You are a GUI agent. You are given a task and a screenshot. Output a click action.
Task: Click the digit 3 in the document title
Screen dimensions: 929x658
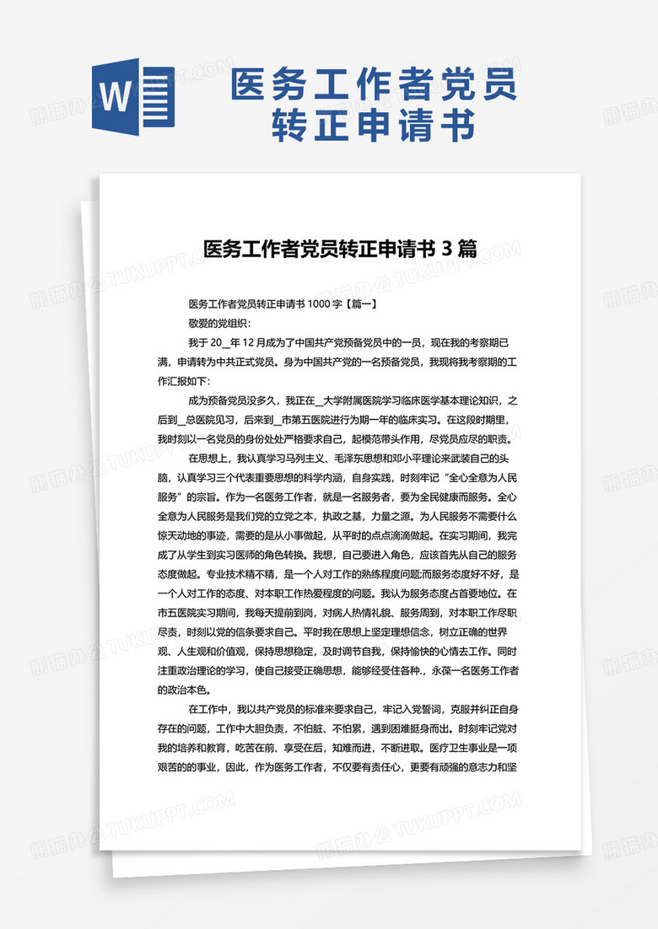click(447, 249)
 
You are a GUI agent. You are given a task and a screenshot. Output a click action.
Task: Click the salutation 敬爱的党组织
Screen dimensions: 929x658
click(219, 322)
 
